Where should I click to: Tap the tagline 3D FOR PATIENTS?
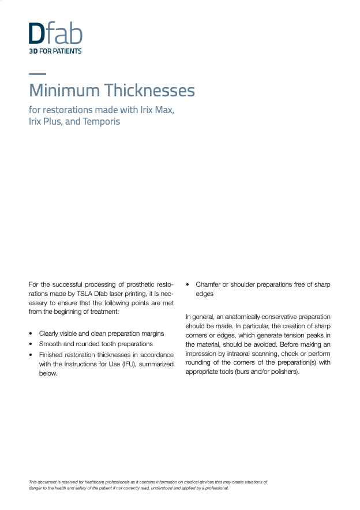[55, 51]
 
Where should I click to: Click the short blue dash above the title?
[37, 74]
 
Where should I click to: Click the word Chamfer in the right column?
[209, 284]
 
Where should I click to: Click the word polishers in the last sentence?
[282, 372]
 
